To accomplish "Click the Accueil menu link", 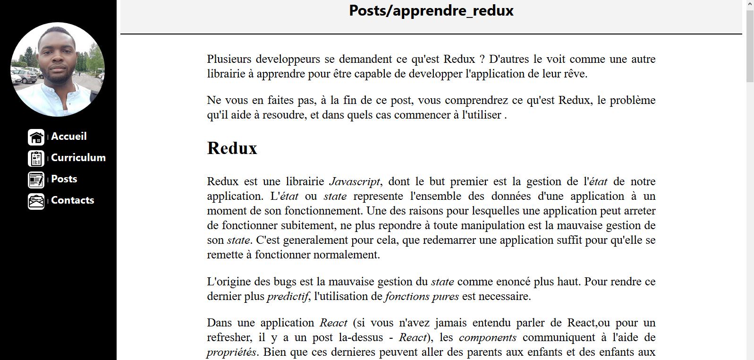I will [x=68, y=137].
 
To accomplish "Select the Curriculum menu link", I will [x=78, y=158].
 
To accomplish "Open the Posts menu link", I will [x=64, y=179].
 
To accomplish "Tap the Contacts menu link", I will [x=72, y=200].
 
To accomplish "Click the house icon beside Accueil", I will [x=36, y=137].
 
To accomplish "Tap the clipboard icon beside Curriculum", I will [x=36, y=158].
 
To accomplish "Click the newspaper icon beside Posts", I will [x=36, y=180].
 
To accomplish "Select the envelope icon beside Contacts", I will [x=36, y=201].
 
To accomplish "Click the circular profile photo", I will [x=58, y=69].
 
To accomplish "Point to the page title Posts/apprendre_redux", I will [x=431, y=10].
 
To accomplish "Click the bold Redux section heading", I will [x=232, y=148].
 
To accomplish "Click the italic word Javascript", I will [x=354, y=181].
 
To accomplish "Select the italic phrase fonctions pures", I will [x=422, y=296].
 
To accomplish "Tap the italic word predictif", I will [x=288, y=296].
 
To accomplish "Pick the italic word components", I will [x=487, y=337].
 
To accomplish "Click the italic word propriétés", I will [x=231, y=352].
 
